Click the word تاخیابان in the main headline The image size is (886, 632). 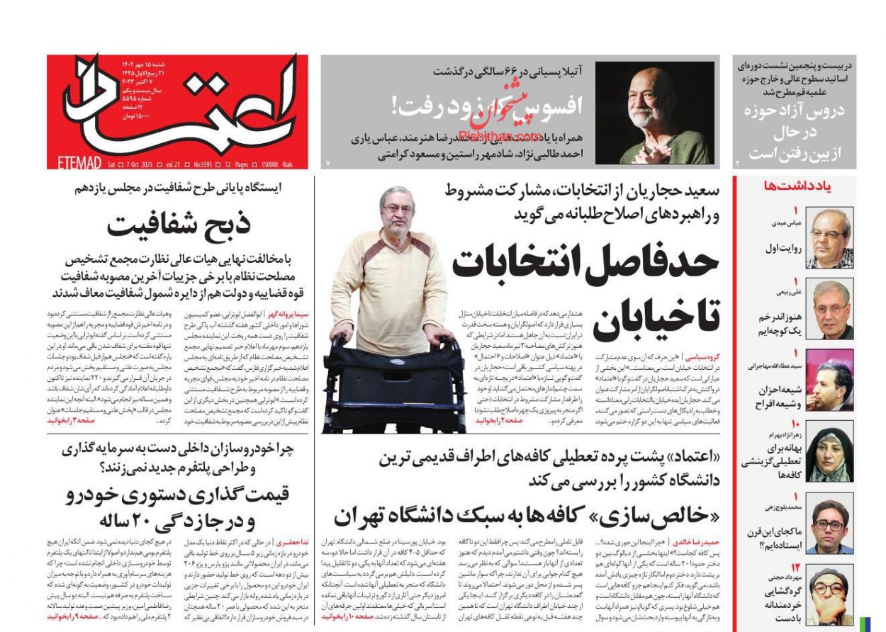click(x=656, y=317)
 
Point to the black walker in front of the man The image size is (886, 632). click(x=394, y=386)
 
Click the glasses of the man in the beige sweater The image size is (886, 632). click(x=398, y=209)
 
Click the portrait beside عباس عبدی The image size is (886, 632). click(x=829, y=237)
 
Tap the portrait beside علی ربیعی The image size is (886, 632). click(x=829, y=310)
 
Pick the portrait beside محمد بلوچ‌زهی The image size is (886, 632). click(x=829, y=526)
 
